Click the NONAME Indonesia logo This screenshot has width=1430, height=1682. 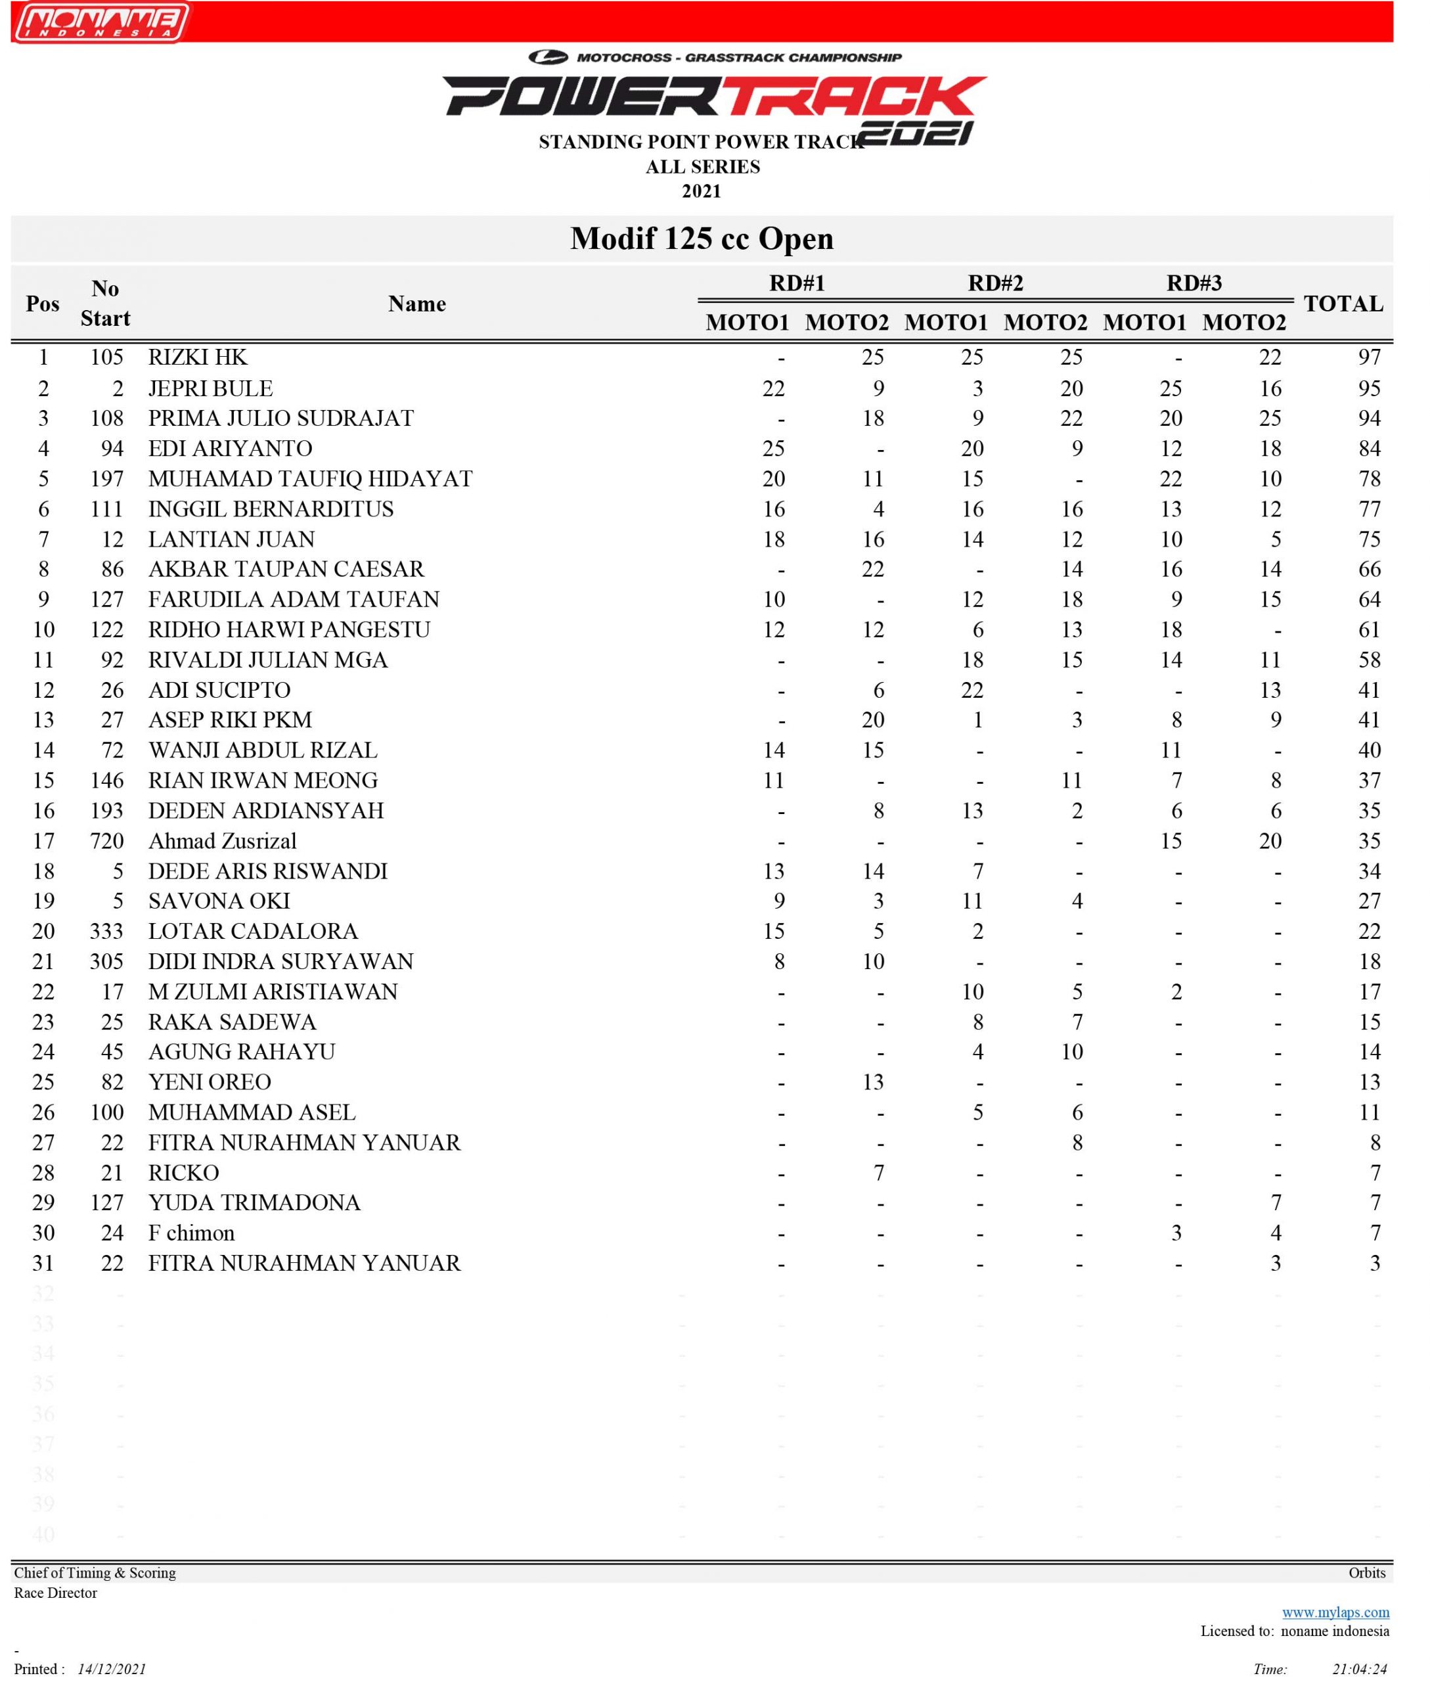101,22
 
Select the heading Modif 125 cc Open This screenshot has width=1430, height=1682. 702,239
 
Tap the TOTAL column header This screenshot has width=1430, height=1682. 1343,304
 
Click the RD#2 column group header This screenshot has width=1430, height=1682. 996,283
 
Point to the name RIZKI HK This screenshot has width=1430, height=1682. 198,357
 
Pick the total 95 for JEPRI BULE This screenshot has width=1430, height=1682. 1369,388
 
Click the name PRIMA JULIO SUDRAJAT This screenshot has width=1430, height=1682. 280,419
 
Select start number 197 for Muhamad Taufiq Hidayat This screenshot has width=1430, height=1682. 107,479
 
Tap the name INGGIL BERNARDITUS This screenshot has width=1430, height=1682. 271,509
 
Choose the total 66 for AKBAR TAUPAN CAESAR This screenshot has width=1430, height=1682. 1369,569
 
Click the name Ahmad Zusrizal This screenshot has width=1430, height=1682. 222,841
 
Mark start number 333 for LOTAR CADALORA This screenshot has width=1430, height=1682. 107,931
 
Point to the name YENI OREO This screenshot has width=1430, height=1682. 209,1082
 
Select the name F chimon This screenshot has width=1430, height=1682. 191,1233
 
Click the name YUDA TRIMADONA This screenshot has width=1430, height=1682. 254,1203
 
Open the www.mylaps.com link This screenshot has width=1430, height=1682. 1335,1612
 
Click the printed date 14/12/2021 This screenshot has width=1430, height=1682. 112,1669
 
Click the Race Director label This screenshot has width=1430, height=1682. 55,1593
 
